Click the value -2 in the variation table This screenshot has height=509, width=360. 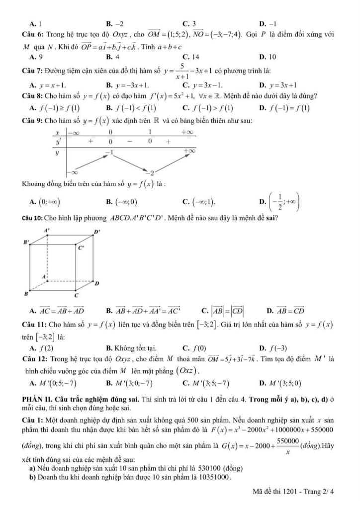[153, 172]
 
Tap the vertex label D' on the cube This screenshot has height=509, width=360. [97, 232]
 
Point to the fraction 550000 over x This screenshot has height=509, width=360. [285, 444]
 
